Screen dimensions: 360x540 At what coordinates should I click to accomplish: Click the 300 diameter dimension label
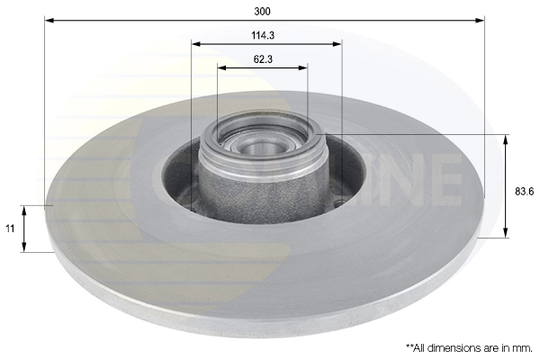(x=263, y=11)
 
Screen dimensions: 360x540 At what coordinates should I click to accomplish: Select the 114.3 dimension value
(x=263, y=35)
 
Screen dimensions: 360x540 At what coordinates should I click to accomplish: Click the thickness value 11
(x=10, y=229)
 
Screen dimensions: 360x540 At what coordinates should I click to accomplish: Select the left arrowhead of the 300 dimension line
(x=49, y=19)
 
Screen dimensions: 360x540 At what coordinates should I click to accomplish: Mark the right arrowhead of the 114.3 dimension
(x=337, y=42)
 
